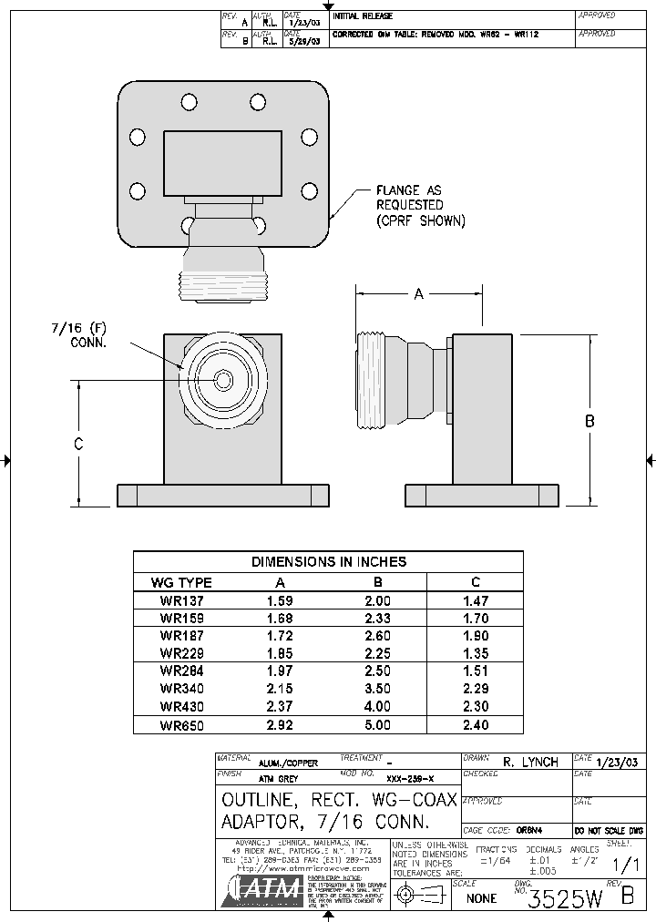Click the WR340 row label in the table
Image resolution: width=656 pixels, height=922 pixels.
point(182,689)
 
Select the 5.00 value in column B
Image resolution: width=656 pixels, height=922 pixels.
point(377,725)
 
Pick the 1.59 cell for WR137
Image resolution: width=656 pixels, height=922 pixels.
point(281,601)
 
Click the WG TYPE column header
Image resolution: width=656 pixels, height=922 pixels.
point(181,582)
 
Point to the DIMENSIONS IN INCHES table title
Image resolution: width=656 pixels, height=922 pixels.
point(329,562)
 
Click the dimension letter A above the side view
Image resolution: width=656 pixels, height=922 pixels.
point(419,293)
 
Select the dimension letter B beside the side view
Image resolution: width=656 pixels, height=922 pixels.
point(589,421)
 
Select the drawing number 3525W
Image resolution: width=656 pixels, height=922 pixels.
point(565,898)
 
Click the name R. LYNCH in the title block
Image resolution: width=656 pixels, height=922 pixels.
point(529,762)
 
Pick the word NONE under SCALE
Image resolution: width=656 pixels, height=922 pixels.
point(482,898)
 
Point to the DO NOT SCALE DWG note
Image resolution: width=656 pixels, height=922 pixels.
point(609,831)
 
